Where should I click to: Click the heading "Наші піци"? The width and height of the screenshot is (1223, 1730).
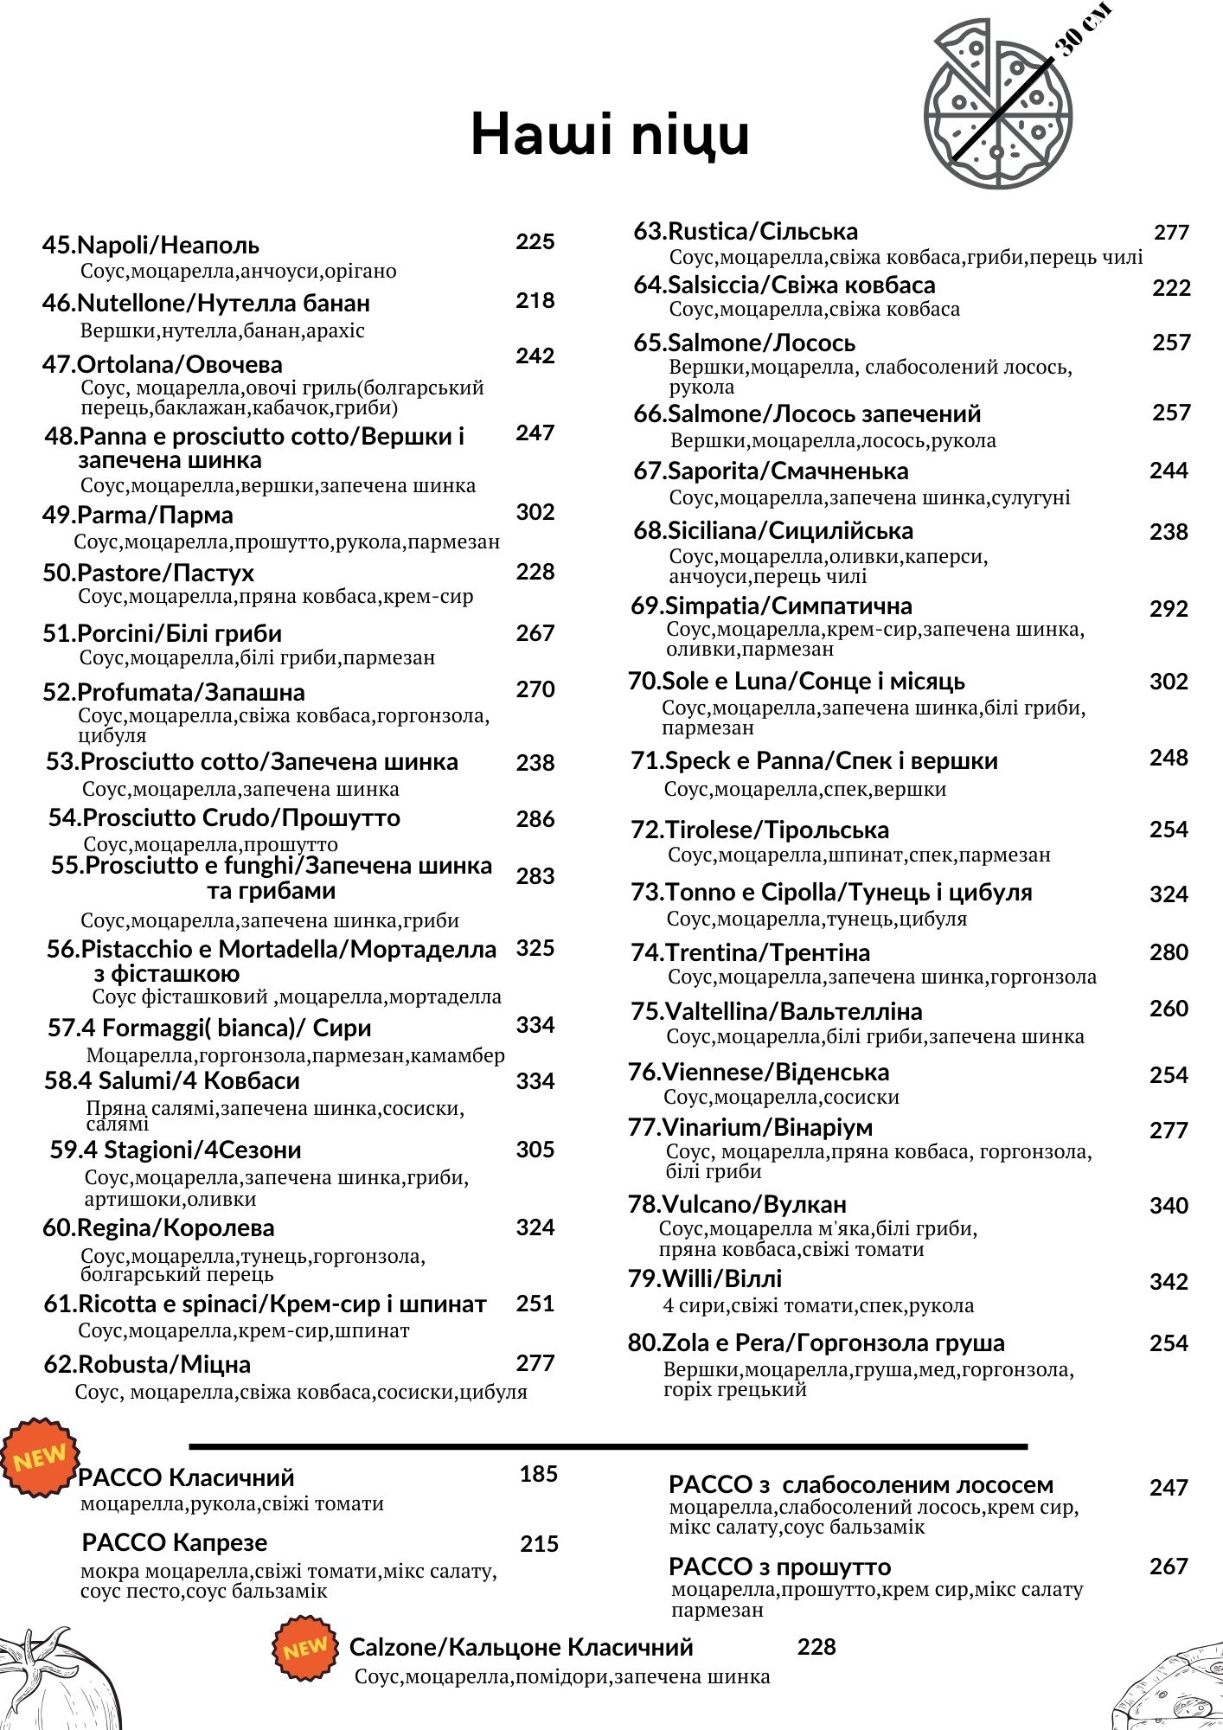610,134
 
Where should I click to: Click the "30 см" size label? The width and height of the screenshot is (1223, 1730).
1083,30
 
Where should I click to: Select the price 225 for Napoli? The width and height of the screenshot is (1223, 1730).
535,241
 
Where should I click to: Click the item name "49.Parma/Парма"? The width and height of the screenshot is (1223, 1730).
138,515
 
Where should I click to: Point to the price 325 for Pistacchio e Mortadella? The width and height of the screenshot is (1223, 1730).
535,947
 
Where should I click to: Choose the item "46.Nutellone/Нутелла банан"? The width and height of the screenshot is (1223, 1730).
206,303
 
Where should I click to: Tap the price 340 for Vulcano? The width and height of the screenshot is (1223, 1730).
1169,1205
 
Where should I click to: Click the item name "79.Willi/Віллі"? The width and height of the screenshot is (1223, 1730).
705,1278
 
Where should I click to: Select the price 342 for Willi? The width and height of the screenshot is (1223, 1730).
1169,1281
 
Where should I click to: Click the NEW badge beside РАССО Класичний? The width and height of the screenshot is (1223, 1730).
39,1457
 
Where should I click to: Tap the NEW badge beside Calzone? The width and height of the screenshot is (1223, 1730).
304,1648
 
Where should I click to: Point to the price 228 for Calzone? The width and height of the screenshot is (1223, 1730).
816,1646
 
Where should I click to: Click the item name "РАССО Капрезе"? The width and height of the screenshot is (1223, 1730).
175,1541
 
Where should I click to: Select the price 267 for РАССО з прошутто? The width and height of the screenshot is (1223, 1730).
1169,1566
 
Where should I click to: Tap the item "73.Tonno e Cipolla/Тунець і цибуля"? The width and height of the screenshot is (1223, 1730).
831,892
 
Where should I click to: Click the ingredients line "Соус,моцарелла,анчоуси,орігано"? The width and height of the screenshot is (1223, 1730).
239,271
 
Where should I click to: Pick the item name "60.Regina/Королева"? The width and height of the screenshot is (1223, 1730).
158,1227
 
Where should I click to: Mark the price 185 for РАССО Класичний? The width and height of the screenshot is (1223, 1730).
538,1473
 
